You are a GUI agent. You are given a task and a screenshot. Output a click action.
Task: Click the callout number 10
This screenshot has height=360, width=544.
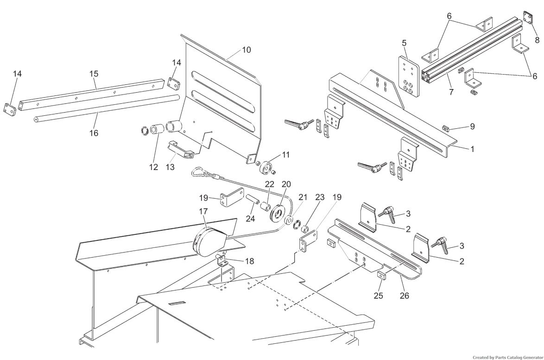coord(247,50)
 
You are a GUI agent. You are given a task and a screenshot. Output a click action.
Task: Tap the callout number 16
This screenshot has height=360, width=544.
coord(94,133)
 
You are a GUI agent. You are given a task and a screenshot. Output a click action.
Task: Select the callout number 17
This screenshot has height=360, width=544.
coord(203,211)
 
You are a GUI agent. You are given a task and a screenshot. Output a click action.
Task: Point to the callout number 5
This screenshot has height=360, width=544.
coord(404,43)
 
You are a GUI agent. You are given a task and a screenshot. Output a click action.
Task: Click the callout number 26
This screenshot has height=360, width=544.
coord(405,296)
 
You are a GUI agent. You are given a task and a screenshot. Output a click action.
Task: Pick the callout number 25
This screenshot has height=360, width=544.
coord(379,296)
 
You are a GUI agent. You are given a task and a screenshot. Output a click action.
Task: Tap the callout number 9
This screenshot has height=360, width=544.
coord(472,126)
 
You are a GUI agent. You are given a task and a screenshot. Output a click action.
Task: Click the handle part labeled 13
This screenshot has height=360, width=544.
coord(181,150)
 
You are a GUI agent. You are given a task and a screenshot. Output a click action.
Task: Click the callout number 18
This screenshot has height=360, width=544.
coord(249,261)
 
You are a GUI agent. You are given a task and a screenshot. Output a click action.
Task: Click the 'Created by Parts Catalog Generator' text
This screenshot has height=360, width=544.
coord(507,357)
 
